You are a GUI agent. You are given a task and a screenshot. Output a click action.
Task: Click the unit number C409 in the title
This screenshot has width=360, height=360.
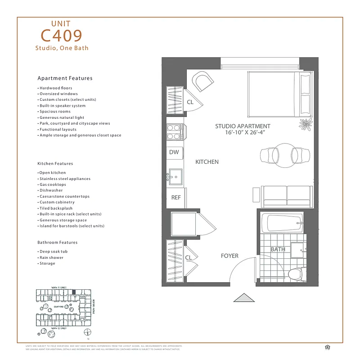point(61,35)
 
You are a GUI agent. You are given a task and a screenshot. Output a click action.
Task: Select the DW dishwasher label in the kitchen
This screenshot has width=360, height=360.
point(174,152)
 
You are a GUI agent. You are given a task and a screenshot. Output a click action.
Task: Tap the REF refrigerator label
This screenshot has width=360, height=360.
point(175,198)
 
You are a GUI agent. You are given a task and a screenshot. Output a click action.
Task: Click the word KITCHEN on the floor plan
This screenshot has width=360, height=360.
point(207,162)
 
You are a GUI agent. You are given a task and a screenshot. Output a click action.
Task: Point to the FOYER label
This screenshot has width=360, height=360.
point(229,256)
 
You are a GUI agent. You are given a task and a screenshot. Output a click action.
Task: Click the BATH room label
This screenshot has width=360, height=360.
point(278,249)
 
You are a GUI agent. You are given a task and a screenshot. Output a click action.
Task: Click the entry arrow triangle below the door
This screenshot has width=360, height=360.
point(245,298)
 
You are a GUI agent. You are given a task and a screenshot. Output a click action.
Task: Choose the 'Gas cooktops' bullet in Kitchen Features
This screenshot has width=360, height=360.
point(53,184)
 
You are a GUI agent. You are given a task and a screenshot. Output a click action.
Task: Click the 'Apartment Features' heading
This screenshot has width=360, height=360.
point(65,78)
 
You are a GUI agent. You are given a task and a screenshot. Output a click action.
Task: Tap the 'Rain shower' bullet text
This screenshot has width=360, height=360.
point(51,257)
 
